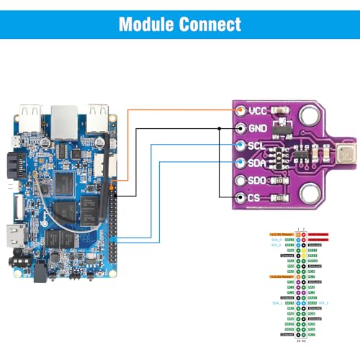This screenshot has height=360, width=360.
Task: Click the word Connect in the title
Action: [x=210, y=24]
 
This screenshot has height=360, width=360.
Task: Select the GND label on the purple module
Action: [x=258, y=127]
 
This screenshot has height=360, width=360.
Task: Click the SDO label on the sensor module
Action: [x=258, y=180]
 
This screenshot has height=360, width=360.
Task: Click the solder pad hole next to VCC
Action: [x=239, y=110]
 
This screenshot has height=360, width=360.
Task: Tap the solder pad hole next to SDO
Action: [x=239, y=181]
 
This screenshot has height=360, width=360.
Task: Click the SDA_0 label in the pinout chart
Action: [x=276, y=240]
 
